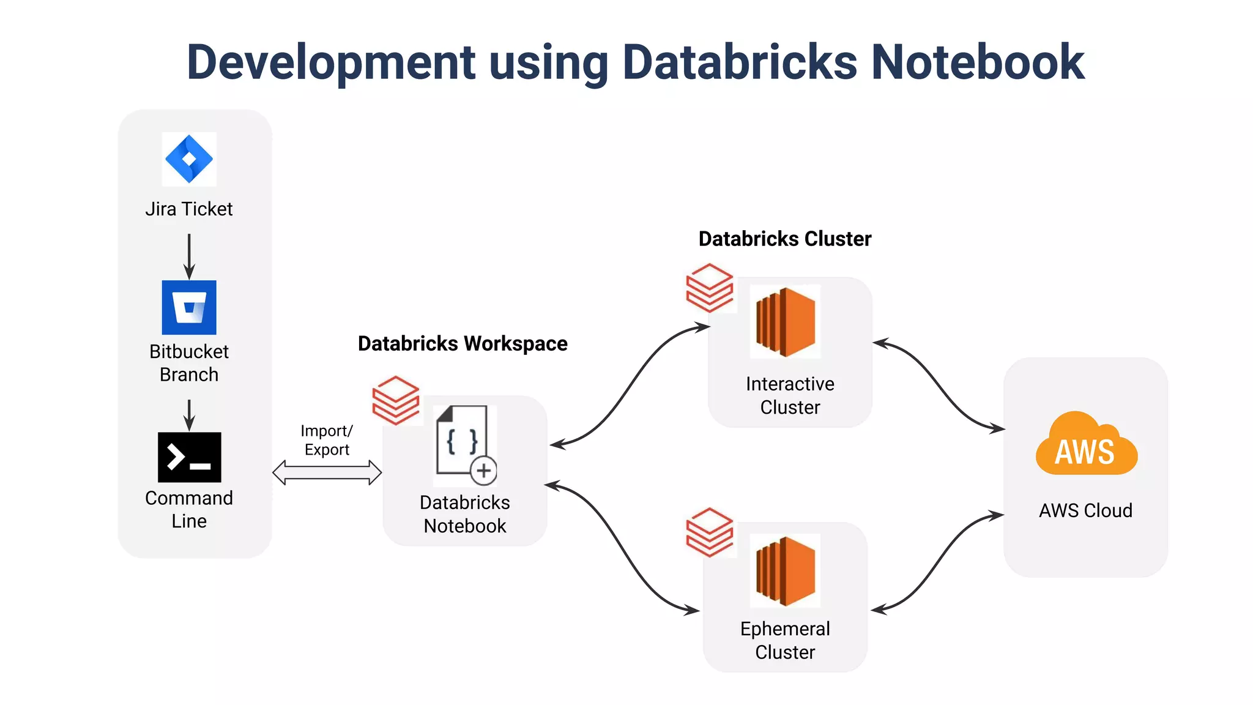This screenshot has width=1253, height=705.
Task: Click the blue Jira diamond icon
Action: (189, 159)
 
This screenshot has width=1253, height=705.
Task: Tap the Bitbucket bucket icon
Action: (189, 307)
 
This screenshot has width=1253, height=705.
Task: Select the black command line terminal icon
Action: (189, 457)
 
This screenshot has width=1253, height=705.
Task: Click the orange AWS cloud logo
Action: (1086, 445)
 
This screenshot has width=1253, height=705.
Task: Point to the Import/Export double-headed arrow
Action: (327, 472)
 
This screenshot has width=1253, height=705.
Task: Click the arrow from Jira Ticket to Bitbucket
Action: (189, 256)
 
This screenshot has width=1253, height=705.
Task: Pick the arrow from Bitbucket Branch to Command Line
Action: (189, 415)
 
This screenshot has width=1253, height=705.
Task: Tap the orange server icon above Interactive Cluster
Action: (786, 322)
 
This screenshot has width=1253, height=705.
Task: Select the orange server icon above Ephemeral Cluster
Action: (786, 570)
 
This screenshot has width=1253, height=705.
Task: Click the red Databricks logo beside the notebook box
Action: (396, 400)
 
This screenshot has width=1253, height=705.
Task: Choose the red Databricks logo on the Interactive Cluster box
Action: (709, 288)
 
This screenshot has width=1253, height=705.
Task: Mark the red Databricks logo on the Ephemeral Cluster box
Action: (709, 532)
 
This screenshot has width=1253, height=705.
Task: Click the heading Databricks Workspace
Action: (463, 343)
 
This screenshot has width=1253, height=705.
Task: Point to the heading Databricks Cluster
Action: (784, 239)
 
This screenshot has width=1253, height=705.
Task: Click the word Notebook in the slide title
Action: (977, 62)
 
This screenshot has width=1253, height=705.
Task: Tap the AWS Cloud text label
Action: (1085, 510)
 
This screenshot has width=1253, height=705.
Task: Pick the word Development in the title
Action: (331, 62)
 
